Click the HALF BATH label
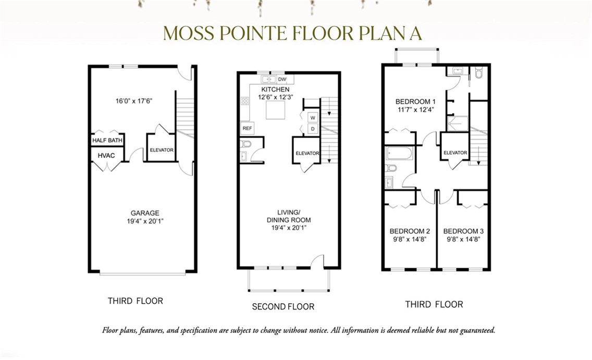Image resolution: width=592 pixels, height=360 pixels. click(107, 140)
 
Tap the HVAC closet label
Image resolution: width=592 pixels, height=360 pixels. click(106, 155)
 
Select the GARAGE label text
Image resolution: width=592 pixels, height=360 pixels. click(145, 213)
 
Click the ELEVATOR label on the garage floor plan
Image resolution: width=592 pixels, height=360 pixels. click(162, 150)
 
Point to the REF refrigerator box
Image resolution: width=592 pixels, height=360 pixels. click(248, 128)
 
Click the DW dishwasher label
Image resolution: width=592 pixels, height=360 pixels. click(282, 79)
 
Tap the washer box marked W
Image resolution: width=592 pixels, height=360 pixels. click(313, 118)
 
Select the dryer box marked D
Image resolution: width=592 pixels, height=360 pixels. click(313, 129)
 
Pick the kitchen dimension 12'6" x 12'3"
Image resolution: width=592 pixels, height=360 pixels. click(276, 97)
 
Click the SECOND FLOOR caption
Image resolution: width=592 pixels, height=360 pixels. click(283, 307)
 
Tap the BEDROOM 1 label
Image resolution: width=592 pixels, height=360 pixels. click(415, 102)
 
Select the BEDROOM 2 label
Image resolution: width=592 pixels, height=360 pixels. click(410, 231)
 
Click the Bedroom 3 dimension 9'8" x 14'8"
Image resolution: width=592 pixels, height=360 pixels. click(463, 239)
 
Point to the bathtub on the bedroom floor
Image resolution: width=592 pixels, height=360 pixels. click(400, 154)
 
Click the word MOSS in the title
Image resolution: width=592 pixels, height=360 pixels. click(189, 33)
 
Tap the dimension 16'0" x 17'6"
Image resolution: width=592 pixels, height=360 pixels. click(133, 101)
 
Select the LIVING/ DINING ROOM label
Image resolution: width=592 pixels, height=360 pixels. click(289, 216)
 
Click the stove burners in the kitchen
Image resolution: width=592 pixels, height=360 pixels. click(245, 101)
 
